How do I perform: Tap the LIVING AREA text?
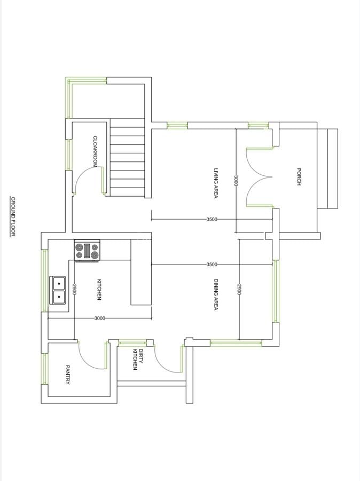(216, 184)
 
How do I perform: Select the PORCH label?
(299, 177)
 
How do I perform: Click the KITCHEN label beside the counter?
(99, 289)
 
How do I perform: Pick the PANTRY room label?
(68, 375)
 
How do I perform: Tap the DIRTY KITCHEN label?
(138, 359)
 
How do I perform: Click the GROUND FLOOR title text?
(13, 216)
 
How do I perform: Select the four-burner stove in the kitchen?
(87, 251)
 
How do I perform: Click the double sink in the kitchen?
(58, 289)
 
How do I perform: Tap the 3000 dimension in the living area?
(236, 181)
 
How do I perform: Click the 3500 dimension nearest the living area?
(212, 219)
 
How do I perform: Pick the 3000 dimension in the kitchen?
(99, 318)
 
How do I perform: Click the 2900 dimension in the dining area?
(239, 290)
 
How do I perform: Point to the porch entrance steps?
(327, 168)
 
